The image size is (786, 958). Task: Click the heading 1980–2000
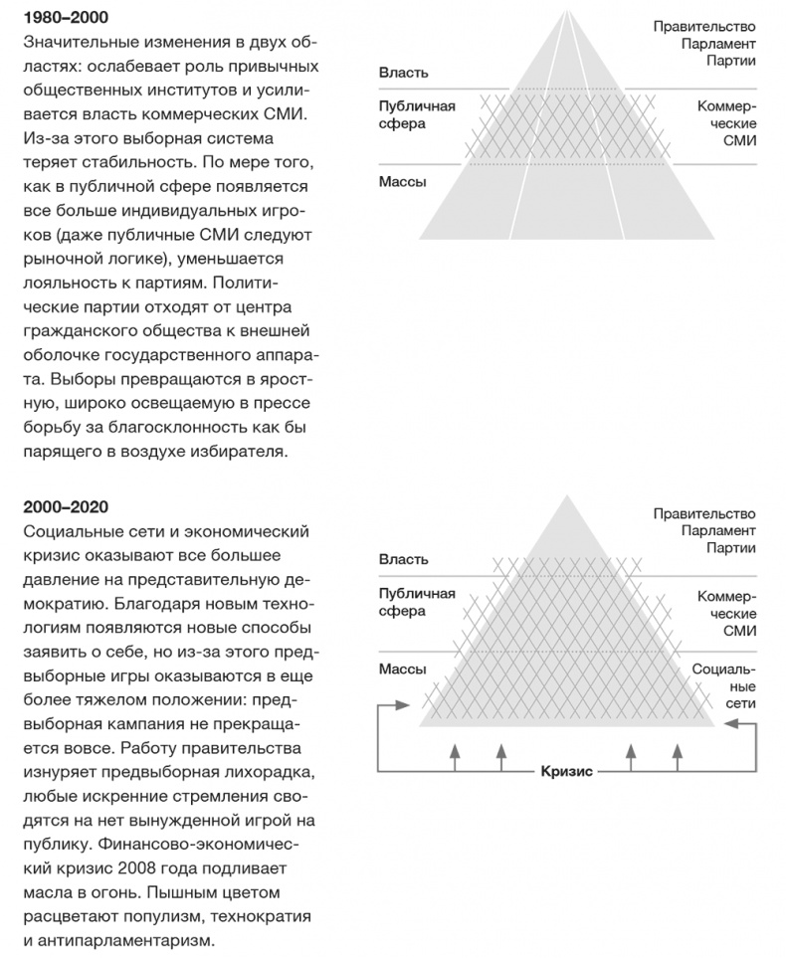66,18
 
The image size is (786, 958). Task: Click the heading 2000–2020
66,507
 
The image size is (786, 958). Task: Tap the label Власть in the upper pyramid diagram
403,73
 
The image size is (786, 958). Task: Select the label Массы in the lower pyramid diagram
403,669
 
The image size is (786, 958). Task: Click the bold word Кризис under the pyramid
566,771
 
